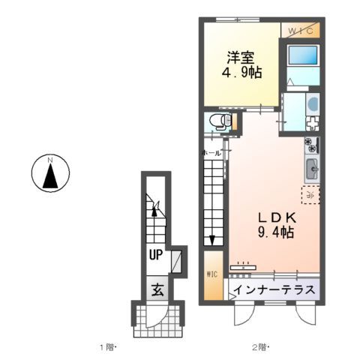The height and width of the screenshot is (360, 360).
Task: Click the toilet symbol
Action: (217, 121)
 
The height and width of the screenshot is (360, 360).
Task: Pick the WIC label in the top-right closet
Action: (301, 30)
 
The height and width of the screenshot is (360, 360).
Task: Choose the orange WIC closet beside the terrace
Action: (211, 274)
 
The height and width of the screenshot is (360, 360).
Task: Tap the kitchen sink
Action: (312, 169)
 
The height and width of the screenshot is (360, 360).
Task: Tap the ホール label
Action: (211, 153)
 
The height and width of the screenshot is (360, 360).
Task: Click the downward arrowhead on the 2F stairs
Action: (212, 241)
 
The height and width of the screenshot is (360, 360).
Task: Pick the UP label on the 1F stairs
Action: (155, 254)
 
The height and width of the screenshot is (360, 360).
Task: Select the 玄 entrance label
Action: (157, 288)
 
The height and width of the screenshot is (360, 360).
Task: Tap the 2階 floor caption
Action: (259, 347)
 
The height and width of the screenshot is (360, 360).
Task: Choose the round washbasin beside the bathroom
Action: (313, 104)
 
